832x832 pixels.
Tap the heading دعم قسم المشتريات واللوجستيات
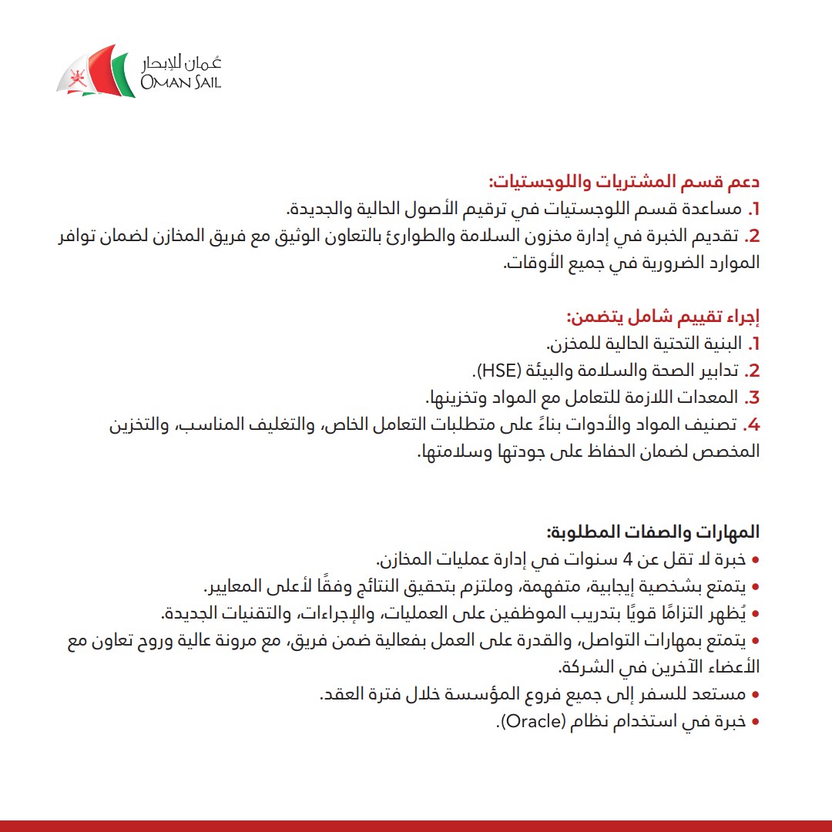point(624,183)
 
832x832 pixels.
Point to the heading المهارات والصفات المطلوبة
point(653,532)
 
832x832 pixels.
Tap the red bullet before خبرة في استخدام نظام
point(755,723)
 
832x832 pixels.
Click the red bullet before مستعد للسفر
point(755,695)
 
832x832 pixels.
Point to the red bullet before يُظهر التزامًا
point(755,614)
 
